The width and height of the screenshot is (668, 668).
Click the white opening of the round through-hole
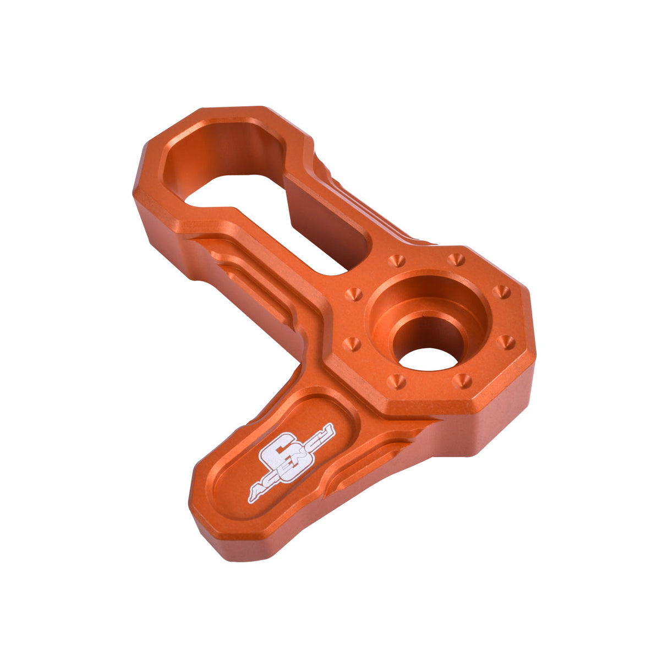coord(428,359)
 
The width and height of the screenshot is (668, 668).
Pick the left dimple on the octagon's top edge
coord(396,261)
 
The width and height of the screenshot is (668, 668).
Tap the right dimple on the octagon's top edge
coord(456,259)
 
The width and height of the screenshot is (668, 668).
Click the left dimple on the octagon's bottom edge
coord(396,381)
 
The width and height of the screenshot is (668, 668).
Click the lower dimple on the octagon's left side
coord(352,344)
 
